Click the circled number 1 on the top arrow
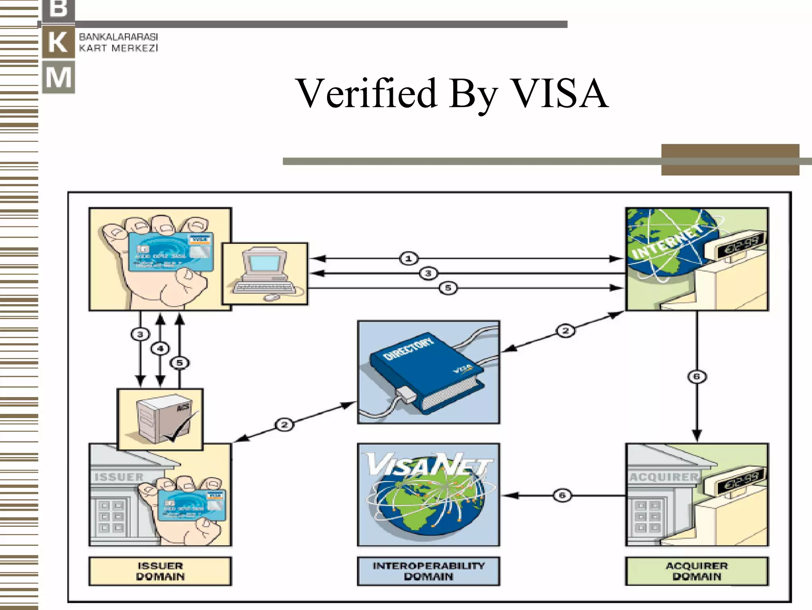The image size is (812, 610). (x=409, y=259)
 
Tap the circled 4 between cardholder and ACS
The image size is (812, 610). (x=160, y=349)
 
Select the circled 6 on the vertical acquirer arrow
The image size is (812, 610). (x=697, y=376)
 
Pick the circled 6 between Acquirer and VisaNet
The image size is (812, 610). (x=562, y=495)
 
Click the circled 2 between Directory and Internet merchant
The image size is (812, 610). (x=565, y=331)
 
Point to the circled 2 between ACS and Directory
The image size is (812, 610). (x=284, y=425)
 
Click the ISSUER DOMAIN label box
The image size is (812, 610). (x=160, y=571)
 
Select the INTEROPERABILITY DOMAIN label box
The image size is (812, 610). (x=428, y=571)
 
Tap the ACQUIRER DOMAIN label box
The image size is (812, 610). (x=697, y=571)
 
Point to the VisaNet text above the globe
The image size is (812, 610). (x=428, y=465)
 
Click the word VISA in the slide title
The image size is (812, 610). (x=560, y=94)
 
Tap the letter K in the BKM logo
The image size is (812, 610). (x=58, y=42)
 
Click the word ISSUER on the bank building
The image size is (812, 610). (x=119, y=477)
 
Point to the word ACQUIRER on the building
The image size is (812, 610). (x=663, y=477)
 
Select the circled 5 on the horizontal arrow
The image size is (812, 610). (x=448, y=288)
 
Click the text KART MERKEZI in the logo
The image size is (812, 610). (x=119, y=48)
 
